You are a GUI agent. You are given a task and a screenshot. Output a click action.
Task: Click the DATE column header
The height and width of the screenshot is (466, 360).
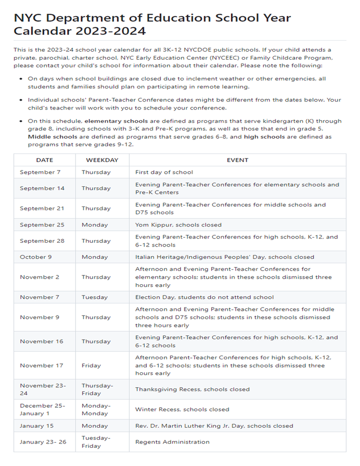45,160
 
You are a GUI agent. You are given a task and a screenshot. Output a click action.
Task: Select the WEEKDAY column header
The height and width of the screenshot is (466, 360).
102,160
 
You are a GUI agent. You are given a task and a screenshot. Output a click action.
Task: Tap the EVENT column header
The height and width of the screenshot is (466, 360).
237,160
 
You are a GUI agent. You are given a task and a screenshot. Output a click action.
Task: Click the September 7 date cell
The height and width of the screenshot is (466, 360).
40,172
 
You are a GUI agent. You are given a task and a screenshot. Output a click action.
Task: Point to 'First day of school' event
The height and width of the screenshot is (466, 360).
164,172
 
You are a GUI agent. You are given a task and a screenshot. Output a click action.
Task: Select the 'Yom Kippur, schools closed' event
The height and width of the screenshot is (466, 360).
178,225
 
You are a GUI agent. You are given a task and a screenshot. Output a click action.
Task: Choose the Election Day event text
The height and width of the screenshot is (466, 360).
204,297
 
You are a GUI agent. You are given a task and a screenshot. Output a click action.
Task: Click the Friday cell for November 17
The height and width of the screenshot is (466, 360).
91,365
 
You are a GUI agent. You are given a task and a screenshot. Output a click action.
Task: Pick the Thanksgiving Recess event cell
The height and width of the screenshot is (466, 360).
192,389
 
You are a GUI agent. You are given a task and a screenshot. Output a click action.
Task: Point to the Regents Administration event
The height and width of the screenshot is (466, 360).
172,442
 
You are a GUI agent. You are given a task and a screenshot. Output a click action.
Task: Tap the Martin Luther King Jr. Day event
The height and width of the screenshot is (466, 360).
214,425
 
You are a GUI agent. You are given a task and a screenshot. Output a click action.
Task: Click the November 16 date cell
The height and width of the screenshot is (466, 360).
42,341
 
